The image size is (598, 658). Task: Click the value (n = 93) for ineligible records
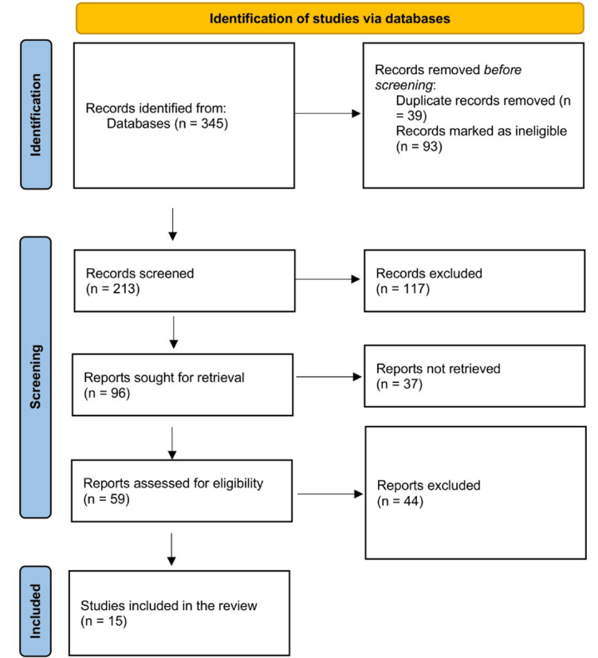point(415,147)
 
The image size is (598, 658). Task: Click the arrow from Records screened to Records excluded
point(327,280)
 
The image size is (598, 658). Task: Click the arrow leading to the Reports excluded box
point(327,494)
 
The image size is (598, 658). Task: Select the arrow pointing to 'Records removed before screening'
point(327,113)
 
